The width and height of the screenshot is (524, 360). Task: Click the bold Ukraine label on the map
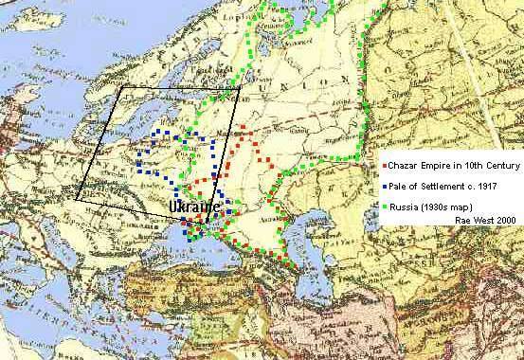click(x=194, y=207)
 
